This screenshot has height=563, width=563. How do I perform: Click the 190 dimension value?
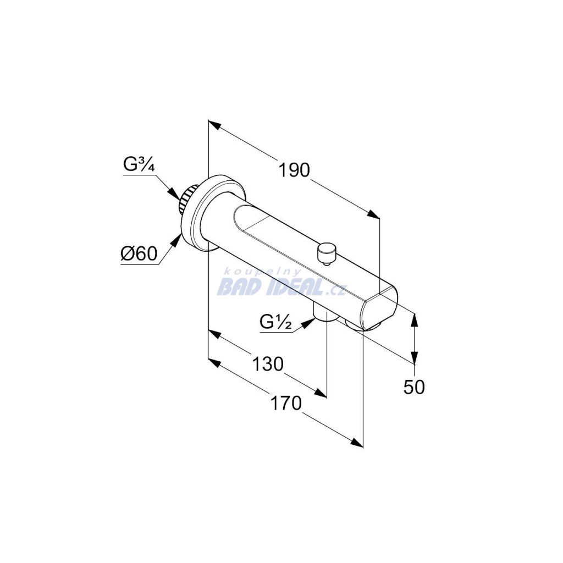(294, 170)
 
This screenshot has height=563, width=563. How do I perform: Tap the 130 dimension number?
(268, 364)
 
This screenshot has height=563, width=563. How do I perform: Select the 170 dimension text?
(286, 403)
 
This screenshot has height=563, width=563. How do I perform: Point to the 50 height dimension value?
(414, 387)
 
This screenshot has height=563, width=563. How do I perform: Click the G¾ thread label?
(139, 165)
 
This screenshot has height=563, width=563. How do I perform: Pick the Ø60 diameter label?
(139, 254)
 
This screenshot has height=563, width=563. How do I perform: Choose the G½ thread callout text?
(275, 323)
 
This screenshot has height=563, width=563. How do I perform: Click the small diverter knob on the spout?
(325, 252)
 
